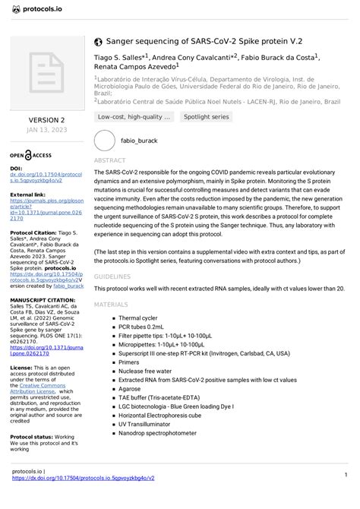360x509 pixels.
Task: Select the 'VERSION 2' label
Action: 46,120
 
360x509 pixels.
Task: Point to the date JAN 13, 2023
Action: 46,130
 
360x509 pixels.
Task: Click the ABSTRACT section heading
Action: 109,161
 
